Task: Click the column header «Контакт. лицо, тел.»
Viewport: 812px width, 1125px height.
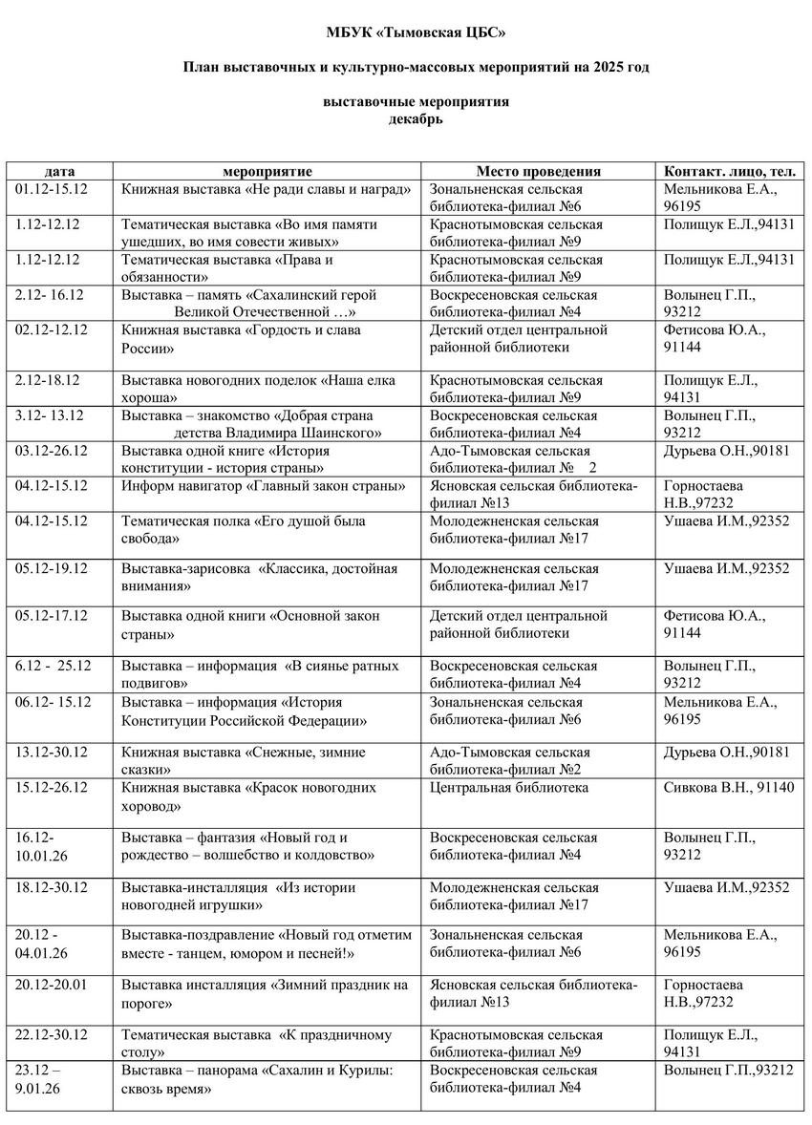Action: (731, 172)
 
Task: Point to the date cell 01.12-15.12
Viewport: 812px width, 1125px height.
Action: (53, 189)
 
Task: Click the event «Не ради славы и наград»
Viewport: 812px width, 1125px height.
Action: (267, 189)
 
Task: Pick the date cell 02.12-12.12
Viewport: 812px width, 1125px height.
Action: (53, 329)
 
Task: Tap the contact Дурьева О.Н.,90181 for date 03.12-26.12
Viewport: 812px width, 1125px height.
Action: (727, 451)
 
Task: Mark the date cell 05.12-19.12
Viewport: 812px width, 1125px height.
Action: (53, 568)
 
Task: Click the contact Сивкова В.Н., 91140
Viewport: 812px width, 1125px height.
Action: (728, 788)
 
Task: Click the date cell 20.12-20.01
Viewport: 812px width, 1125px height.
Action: (53, 985)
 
